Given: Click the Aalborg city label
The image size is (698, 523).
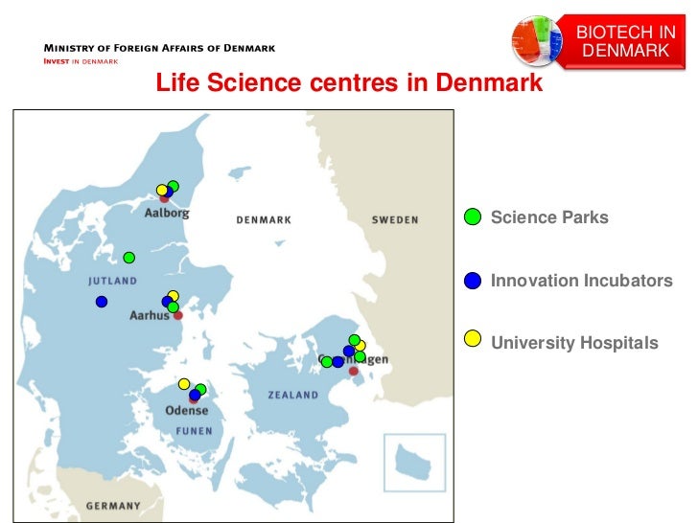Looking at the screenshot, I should tap(166, 214).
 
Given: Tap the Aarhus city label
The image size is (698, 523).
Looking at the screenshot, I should tap(149, 315).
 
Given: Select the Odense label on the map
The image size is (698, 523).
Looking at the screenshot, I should tap(186, 410).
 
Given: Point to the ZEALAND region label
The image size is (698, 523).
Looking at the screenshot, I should tap(293, 395).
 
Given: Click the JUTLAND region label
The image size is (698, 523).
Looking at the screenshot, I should tap(113, 282).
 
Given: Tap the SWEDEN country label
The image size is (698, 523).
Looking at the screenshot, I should tap(395, 220).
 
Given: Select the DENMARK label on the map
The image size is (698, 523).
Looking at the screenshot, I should tap(264, 220).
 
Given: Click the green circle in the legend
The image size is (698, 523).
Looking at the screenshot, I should tap(473, 217).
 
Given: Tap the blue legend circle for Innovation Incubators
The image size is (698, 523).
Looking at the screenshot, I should tap(473, 281).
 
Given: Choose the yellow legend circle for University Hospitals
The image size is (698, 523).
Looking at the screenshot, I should tap(473, 342).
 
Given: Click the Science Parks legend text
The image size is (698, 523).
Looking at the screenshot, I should tap(549, 217).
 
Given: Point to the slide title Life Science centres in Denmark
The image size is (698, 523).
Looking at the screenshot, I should tap(349, 84).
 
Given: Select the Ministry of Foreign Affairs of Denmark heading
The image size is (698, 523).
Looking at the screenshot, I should tap(157, 48).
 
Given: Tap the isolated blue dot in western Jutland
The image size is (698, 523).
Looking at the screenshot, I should tap(102, 302).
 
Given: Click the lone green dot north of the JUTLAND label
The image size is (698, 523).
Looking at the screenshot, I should tap(129, 257).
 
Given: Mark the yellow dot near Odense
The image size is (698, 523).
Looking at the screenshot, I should tap(184, 384).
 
